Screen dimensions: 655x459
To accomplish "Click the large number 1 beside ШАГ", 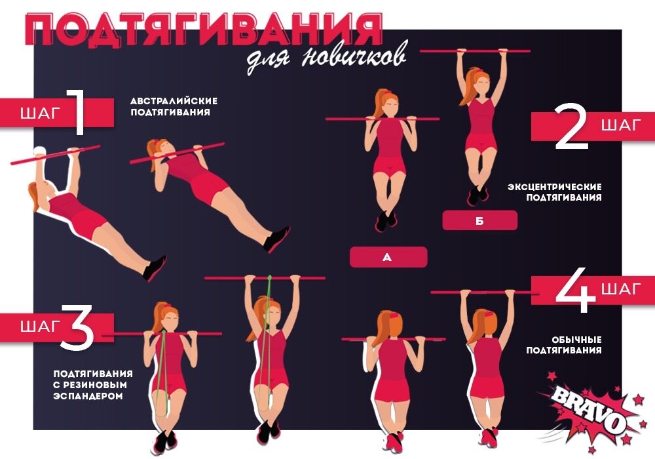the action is coord(77,112).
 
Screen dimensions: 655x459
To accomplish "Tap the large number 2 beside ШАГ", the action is coord(572,126).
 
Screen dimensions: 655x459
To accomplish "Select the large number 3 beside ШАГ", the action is coord(78,326).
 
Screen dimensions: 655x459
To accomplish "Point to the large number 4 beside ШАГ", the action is coord(576,290).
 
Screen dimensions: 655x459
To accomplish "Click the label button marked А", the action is coord(388,257).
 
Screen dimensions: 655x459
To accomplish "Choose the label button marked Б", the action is coord(480,220).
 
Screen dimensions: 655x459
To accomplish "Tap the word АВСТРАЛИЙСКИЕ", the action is coord(174,101).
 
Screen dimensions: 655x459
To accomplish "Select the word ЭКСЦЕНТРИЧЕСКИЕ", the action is coord(555,186).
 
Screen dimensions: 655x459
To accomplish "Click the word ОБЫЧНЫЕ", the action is coord(576,340).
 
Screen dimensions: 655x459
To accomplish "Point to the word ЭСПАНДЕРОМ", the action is coord(88,396).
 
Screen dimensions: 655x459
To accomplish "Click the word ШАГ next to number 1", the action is coord(41,113).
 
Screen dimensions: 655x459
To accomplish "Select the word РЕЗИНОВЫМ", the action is coord(94,385).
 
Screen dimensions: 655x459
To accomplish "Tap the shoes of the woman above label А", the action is coord(386,220).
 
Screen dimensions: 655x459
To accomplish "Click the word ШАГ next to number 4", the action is coord(621,289).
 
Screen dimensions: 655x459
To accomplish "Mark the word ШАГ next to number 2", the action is coord(621,125).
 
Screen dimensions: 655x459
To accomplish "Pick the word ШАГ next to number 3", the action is coord(41,326).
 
